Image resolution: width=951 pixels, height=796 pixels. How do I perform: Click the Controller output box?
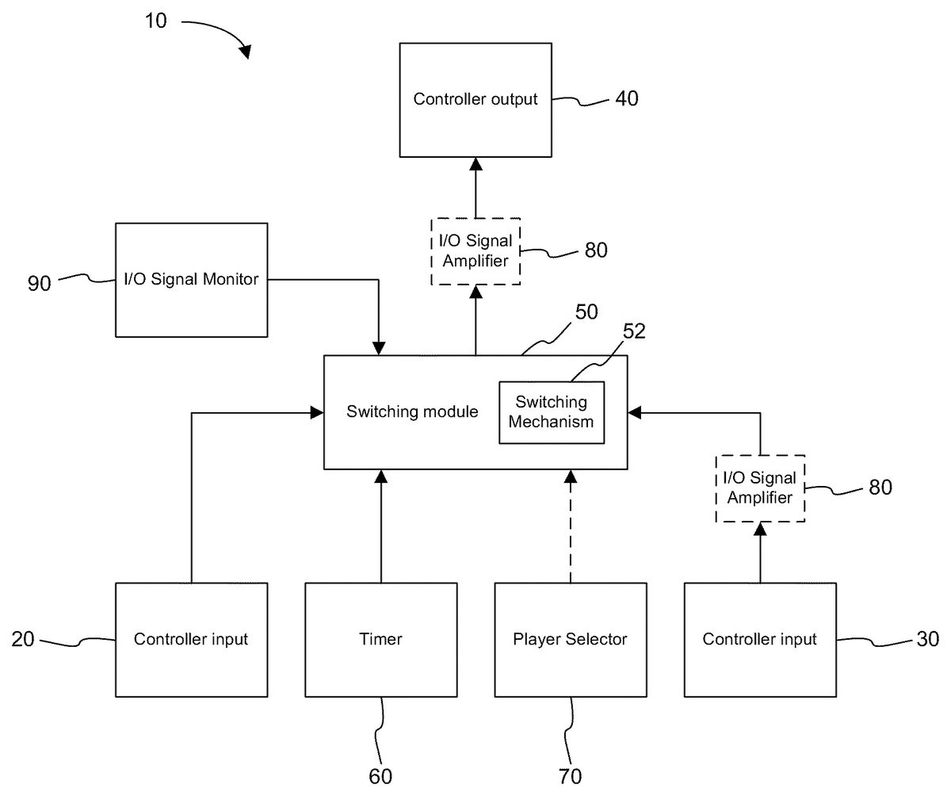click(x=475, y=99)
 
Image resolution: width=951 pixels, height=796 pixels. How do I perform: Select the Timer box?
click(x=381, y=639)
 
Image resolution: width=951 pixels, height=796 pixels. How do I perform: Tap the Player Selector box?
click(x=570, y=639)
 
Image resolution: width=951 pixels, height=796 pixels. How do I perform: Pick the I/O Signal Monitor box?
click(x=191, y=279)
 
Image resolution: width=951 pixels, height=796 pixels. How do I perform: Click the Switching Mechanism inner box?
click(x=551, y=412)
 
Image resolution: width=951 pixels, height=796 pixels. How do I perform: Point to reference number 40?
click(x=626, y=98)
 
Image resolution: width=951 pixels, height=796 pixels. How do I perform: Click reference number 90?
click(x=39, y=282)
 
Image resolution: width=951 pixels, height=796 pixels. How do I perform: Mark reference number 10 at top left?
click(x=156, y=21)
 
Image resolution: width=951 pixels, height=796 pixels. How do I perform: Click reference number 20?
click(x=23, y=639)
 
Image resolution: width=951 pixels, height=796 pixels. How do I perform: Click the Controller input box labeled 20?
click(x=191, y=639)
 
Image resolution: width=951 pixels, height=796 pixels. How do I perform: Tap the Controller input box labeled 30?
click(x=759, y=639)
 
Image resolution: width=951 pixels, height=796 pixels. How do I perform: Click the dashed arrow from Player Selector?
click(x=570, y=527)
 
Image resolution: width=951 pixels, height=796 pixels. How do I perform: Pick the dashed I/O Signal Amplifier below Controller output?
click(x=475, y=250)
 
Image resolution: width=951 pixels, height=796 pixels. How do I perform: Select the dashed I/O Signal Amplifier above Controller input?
click(x=760, y=488)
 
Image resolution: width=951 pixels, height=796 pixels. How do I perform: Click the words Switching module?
click(x=413, y=412)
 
